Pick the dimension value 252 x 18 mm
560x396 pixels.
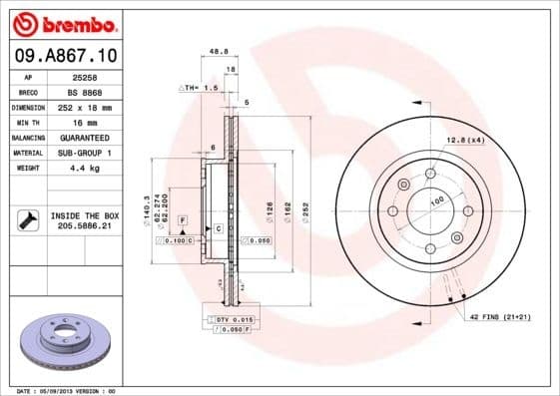[83, 107]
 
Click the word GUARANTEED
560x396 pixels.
[83, 137]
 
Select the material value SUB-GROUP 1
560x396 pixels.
[83, 153]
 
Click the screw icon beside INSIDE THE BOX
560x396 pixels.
[27, 219]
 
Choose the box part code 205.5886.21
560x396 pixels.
[83, 227]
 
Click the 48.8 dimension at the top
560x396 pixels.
[214, 53]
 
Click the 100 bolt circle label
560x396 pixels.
[436, 201]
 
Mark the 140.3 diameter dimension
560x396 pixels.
[147, 206]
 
